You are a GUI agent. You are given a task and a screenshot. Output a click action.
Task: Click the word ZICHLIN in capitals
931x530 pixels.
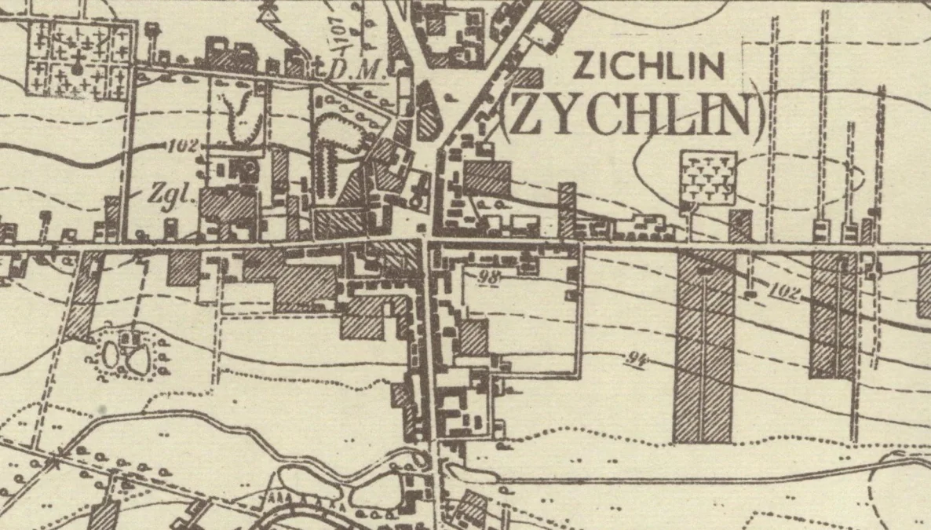coord(648,66)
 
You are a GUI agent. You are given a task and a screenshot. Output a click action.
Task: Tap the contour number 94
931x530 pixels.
coord(637,360)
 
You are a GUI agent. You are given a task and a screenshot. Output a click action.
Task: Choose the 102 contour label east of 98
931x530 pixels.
coord(784,293)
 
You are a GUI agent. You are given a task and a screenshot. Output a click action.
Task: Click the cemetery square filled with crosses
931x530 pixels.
coord(78,60)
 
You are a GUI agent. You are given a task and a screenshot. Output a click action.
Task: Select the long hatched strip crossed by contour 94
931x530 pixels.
coord(703,345)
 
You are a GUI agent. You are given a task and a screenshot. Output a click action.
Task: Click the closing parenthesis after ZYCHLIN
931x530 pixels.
coord(758,118)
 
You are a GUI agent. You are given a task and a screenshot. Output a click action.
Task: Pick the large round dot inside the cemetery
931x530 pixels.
coord(77,68)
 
